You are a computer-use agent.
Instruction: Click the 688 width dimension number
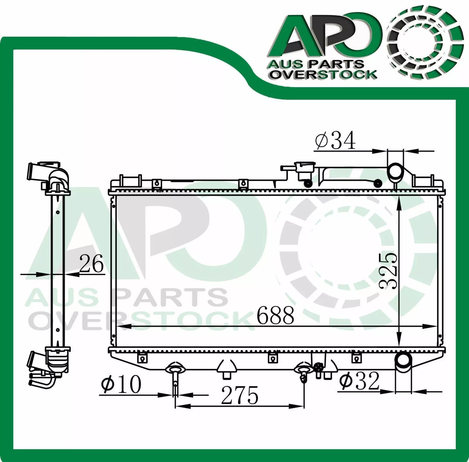coord(275,315)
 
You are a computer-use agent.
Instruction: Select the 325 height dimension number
coord(388,271)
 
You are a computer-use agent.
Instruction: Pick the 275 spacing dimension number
coord(240,395)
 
